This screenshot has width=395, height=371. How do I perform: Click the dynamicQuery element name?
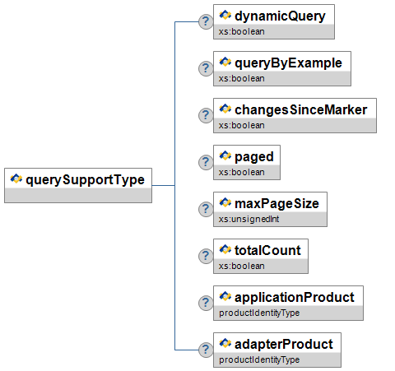click(280, 16)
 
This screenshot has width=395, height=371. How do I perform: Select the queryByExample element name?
click(288, 63)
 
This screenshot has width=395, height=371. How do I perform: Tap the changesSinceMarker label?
click(301, 110)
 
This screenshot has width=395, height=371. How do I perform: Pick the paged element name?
click(254, 157)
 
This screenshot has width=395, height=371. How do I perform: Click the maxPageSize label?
click(276, 204)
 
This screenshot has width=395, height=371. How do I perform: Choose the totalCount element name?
click(267, 250)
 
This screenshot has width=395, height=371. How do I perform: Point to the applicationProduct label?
click(295, 298)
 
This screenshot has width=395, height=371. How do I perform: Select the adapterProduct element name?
click(284, 345)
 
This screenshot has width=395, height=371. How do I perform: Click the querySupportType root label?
click(85, 180)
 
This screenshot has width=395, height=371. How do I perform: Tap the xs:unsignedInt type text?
click(249, 219)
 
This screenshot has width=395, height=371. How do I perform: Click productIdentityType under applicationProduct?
click(259, 313)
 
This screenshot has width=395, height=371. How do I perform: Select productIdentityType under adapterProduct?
click(259, 359)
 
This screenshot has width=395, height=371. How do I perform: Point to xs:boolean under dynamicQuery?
click(242, 31)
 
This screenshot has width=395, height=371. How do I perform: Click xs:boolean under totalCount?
click(242, 266)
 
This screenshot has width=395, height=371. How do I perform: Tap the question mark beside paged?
click(206, 162)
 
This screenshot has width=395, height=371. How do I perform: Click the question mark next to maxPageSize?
click(206, 209)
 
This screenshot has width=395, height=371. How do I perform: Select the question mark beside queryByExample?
click(206, 68)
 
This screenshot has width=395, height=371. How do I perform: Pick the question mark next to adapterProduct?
click(206, 350)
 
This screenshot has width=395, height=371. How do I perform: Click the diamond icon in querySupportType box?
click(16, 179)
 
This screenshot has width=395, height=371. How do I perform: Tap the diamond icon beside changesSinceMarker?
click(225, 109)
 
